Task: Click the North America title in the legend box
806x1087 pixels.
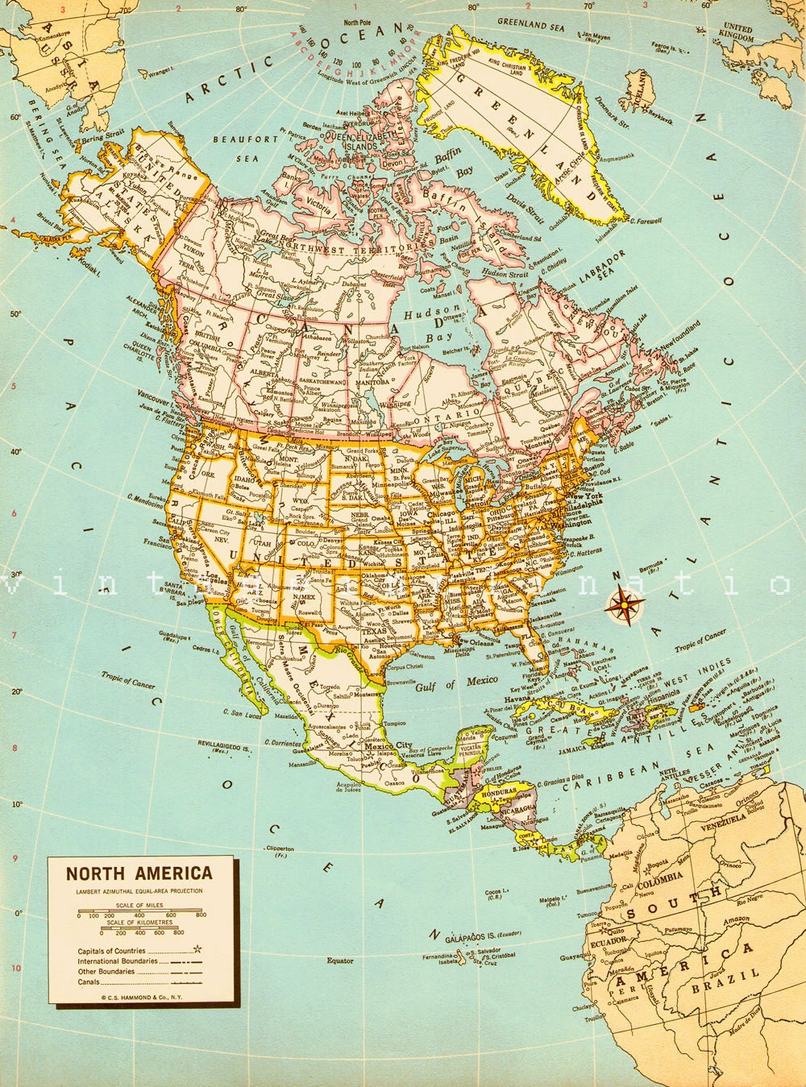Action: point(139,873)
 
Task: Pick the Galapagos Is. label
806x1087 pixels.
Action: point(472,937)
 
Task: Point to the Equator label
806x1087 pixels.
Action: point(339,960)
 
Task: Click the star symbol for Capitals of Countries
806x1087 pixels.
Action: point(197,951)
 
